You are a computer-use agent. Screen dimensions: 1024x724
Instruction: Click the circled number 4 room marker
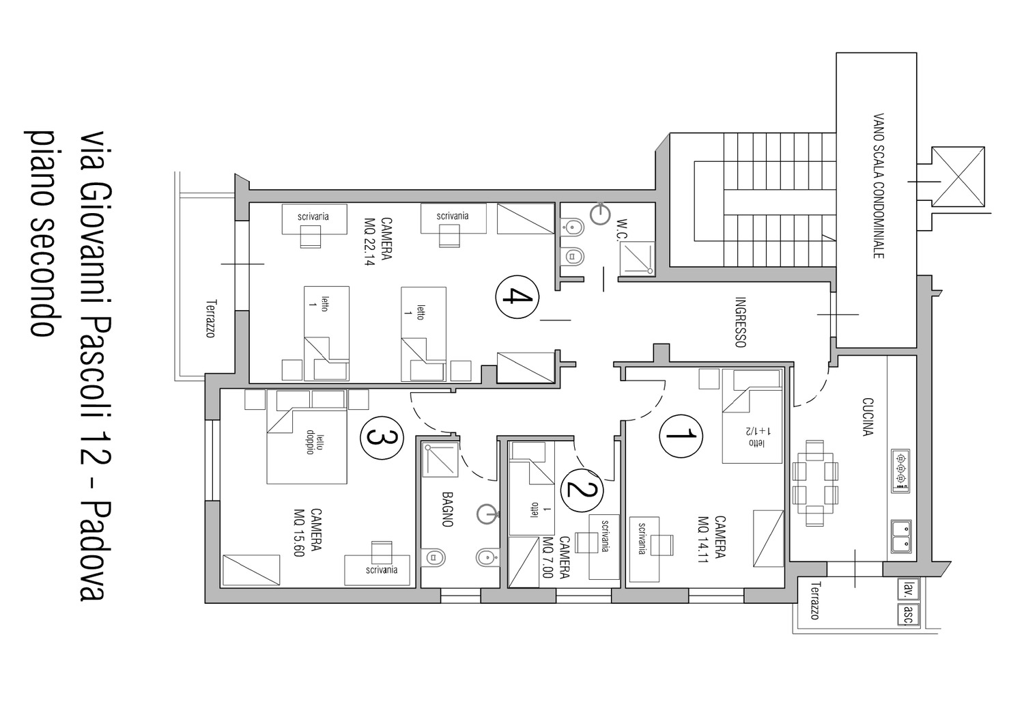pyautogui.click(x=517, y=297)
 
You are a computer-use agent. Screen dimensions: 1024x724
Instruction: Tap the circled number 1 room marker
pyautogui.click(x=681, y=436)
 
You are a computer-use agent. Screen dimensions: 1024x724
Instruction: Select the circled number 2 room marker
pyautogui.click(x=582, y=490)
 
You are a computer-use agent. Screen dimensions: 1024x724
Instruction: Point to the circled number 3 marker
pyautogui.click(x=382, y=438)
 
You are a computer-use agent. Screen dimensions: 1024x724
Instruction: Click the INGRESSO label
pyautogui.click(x=741, y=322)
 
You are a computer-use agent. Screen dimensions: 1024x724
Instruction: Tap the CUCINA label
pyautogui.click(x=868, y=417)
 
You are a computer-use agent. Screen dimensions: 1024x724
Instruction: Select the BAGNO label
pyautogui.click(x=447, y=509)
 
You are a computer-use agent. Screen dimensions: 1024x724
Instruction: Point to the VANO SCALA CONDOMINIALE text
pyautogui.click(x=878, y=186)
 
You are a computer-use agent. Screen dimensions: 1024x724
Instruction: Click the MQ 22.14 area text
pyautogui.click(x=369, y=242)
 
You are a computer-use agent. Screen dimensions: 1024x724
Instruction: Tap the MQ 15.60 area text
pyautogui.click(x=299, y=533)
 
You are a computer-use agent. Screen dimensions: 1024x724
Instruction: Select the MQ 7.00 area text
pyautogui.click(x=547, y=557)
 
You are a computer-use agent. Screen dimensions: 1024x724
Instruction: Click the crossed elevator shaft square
pyautogui.click(x=958, y=177)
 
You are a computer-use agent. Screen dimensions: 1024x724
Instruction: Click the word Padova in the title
pyautogui.click(x=94, y=551)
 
